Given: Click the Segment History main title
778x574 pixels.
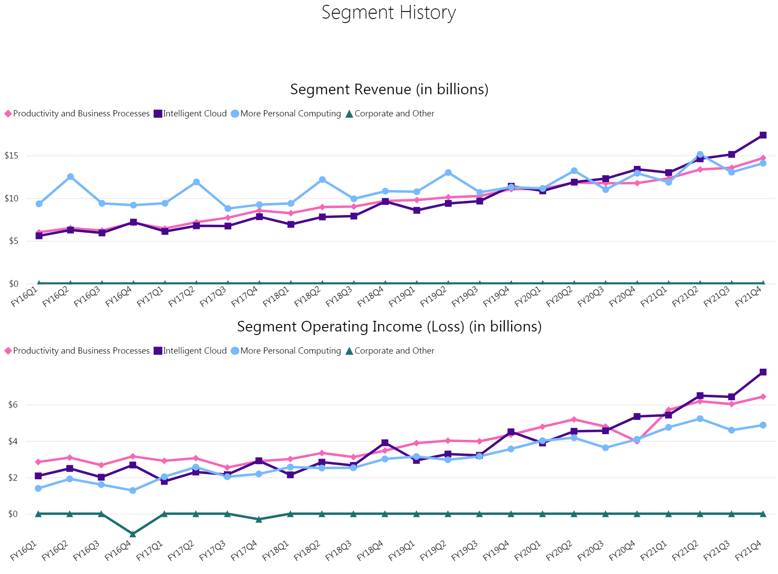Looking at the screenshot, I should pyautogui.click(x=388, y=12).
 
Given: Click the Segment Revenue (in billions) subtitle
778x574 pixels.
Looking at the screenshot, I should pyautogui.click(x=389, y=89).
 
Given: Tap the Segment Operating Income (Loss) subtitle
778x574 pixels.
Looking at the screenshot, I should pyautogui.click(x=389, y=327).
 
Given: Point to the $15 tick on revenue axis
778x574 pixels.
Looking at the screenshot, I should pyautogui.click(x=11, y=156).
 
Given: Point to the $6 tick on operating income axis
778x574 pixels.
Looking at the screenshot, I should pyautogui.click(x=13, y=405).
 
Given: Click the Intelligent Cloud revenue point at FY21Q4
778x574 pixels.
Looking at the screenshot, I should pyautogui.click(x=763, y=135).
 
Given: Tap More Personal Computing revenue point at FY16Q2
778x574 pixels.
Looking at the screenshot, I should pyautogui.click(x=70, y=177).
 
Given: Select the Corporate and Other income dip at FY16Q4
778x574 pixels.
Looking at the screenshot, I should pyautogui.click(x=133, y=534).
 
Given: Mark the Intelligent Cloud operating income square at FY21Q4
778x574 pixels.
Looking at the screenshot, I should pyautogui.click(x=763, y=372).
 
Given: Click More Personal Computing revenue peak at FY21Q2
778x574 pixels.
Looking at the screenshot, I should pyautogui.click(x=700, y=154).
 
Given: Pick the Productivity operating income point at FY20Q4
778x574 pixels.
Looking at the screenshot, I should pyautogui.click(x=637, y=441).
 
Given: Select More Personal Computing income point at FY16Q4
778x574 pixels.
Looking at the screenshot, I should pyautogui.click(x=133, y=490).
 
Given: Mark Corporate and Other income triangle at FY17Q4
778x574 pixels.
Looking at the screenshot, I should pyautogui.click(x=259, y=519).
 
